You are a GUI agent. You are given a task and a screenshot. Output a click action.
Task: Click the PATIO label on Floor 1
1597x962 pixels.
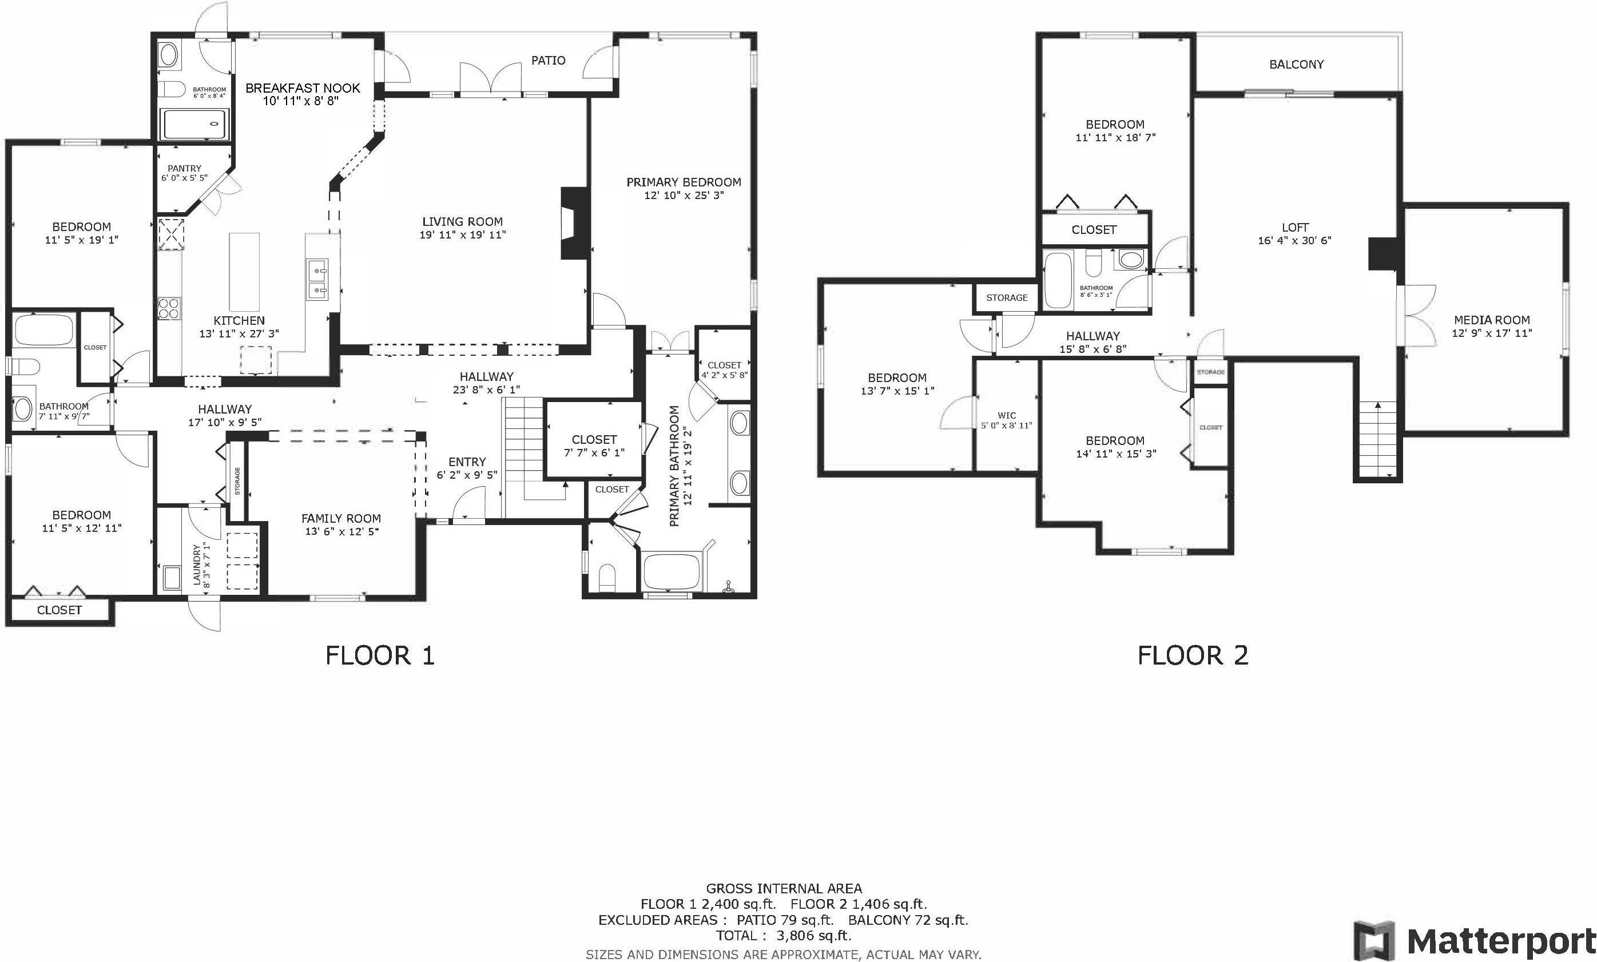pyautogui.click(x=549, y=60)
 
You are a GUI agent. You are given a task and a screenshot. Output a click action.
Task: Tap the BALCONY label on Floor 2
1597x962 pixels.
pyautogui.click(x=1296, y=64)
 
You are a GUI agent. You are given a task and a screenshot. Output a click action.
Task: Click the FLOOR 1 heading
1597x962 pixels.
pyautogui.click(x=380, y=655)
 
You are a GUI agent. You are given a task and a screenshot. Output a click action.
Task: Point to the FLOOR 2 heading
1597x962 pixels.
pyautogui.click(x=1193, y=655)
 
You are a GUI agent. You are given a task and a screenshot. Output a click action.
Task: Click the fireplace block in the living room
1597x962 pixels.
pyautogui.click(x=575, y=223)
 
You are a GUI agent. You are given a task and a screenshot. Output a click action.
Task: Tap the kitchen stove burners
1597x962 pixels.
pyautogui.click(x=170, y=308)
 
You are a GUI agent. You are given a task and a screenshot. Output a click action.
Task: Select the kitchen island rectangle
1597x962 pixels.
pyautogui.click(x=244, y=272)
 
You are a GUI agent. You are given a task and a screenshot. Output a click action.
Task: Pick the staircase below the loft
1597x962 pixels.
pyautogui.click(x=1378, y=440)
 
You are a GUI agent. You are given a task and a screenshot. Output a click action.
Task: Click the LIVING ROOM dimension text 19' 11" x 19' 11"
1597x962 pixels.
pyautogui.click(x=462, y=234)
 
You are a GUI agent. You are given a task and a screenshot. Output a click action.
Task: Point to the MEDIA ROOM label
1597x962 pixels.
pyautogui.click(x=1491, y=320)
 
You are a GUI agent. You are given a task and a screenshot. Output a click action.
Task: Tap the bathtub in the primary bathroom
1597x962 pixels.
pyautogui.click(x=670, y=571)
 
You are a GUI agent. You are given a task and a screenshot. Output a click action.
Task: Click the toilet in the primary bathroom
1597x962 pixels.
pyautogui.click(x=607, y=577)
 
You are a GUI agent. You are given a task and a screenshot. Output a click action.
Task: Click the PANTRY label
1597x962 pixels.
pyautogui.click(x=185, y=168)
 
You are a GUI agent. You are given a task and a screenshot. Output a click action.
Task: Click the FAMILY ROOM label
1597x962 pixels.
pyautogui.click(x=341, y=518)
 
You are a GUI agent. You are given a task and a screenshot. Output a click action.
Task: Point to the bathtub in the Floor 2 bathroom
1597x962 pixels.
pyautogui.click(x=1058, y=280)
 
